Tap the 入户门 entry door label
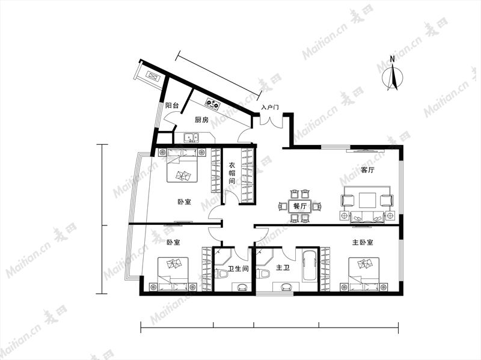pyautogui.click(x=270, y=108)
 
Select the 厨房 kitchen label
pyautogui.click(x=201, y=120)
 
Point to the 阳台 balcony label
pyautogui.click(x=172, y=106)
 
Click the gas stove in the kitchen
pyautogui.click(x=213, y=103)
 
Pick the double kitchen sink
pyautogui.click(x=191, y=138)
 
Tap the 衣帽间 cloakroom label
pyautogui.click(x=232, y=173)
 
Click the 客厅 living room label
pyautogui.click(x=367, y=169)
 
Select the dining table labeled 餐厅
pyautogui.click(x=299, y=206)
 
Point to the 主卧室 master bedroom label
pyautogui.click(x=363, y=242)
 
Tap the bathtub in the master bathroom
pyautogui.click(x=310, y=266)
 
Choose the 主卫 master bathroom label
pyautogui.click(x=283, y=268)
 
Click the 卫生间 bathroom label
pyautogui.click(x=238, y=269)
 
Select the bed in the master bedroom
pyautogui.click(x=364, y=274)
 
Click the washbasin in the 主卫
pyautogui.click(x=287, y=287)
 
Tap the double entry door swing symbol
pyautogui.click(x=271, y=121)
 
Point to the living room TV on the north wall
pyautogui.click(x=365, y=151)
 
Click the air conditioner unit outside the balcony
pyautogui.click(x=153, y=76)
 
